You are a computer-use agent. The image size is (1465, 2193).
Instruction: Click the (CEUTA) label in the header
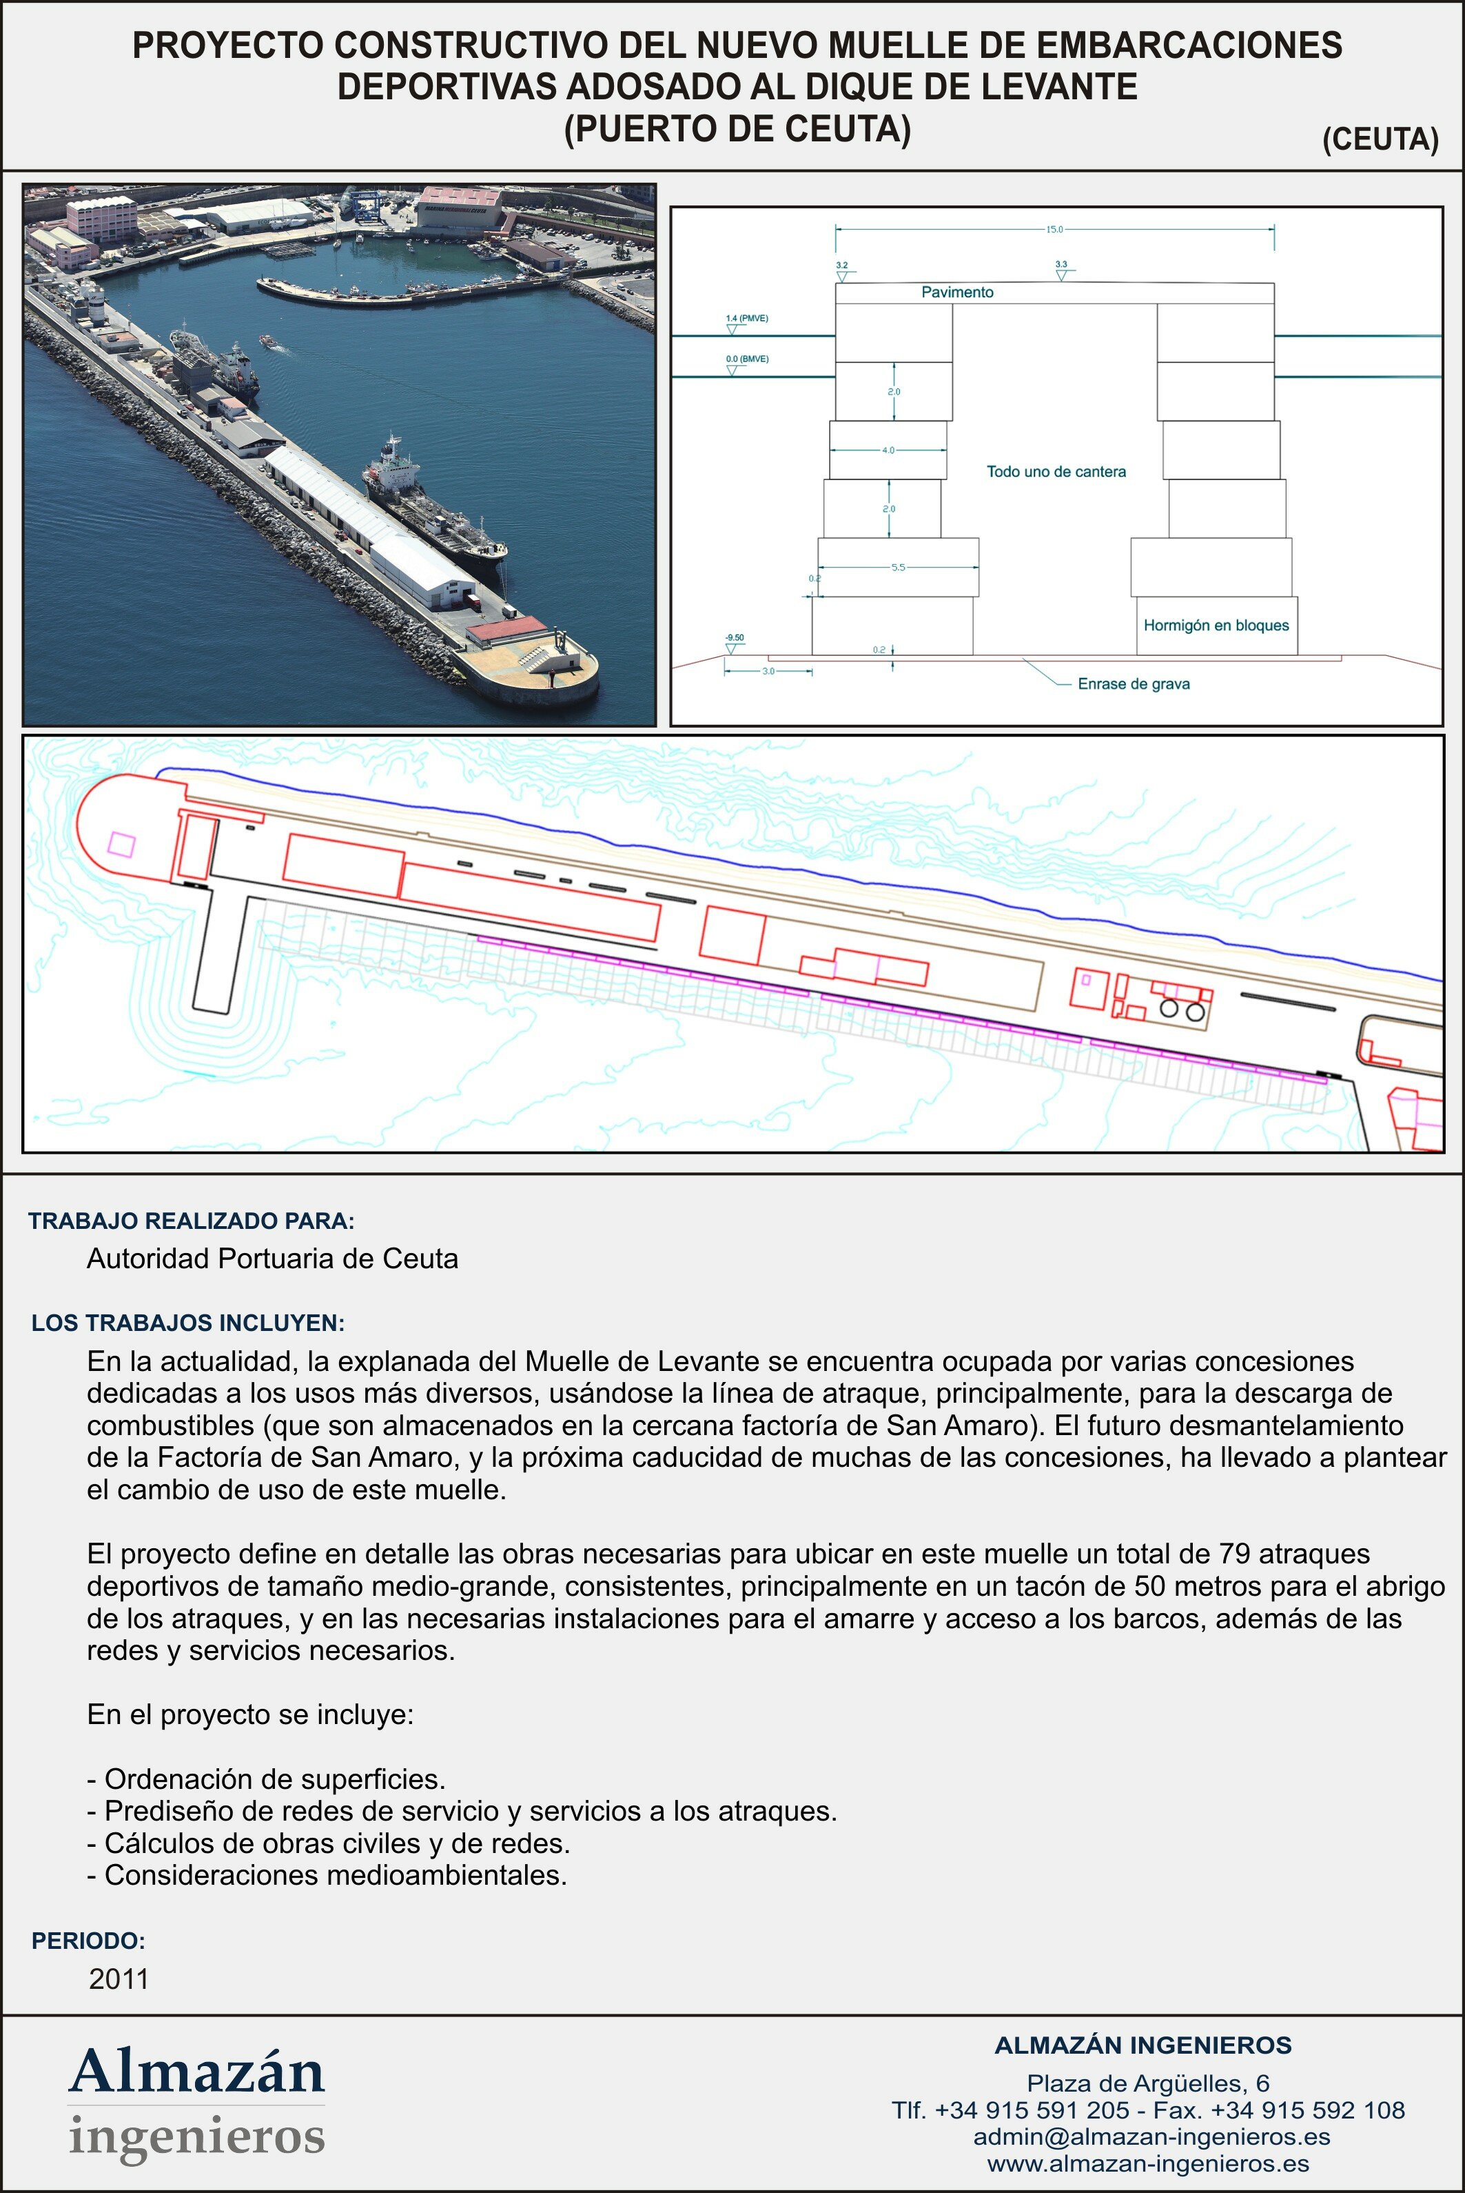click(x=1380, y=139)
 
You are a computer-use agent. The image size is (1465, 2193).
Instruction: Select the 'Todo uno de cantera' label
click(x=1056, y=472)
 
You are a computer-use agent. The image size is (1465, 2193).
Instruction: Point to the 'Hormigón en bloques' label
click(x=1216, y=625)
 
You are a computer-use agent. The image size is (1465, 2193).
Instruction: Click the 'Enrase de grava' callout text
click(x=1134, y=684)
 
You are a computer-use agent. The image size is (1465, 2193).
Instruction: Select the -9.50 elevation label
click(x=735, y=637)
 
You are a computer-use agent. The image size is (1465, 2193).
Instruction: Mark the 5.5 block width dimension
click(x=898, y=568)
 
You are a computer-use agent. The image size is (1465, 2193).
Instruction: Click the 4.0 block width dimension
click(x=888, y=450)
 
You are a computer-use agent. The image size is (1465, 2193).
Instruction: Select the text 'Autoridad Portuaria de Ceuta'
click(x=272, y=1259)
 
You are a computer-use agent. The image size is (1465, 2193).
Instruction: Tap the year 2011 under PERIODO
click(x=119, y=1979)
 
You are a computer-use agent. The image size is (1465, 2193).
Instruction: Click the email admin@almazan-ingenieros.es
click(x=1151, y=2137)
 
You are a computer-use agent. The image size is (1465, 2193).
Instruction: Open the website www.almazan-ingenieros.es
click(x=1147, y=2164)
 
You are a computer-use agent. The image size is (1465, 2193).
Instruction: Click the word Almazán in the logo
click(x=196, y=2072)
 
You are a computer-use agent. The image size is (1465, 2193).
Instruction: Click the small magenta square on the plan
click(x=121, y=844)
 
